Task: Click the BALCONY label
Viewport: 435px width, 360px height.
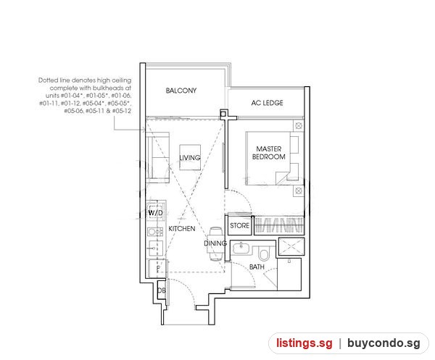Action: tap(181, 91)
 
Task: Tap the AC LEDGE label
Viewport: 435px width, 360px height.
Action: tap(267, 103)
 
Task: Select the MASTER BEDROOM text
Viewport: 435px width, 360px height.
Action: tap(268, 153)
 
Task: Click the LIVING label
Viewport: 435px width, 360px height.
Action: tap(190, 158)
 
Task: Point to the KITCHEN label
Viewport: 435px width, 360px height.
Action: tap(182, 229)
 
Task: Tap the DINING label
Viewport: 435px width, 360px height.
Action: tap(215, 243)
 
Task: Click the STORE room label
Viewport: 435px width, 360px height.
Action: tap(240, 225)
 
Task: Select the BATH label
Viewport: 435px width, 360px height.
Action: tap(257, 267)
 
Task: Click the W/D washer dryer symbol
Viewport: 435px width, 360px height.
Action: tap(156, 212)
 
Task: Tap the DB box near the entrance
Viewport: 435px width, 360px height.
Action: tap(162, 290)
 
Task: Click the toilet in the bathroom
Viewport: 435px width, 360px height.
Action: tap(263, 254)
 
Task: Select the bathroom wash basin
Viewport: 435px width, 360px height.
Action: tap(241, 248)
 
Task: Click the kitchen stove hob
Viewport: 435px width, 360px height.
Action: tap(155, 232)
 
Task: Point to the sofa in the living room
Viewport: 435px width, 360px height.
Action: tap(158, 157)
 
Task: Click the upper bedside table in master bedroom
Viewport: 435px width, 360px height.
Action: tap(299, 126)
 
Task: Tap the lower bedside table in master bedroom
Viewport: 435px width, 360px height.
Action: tap(299, 191)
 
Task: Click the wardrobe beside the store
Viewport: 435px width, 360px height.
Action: tap(278, 225)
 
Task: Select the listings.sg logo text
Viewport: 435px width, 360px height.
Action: tap(304, 343)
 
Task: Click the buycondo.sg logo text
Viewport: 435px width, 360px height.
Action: tap(384, 343)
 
